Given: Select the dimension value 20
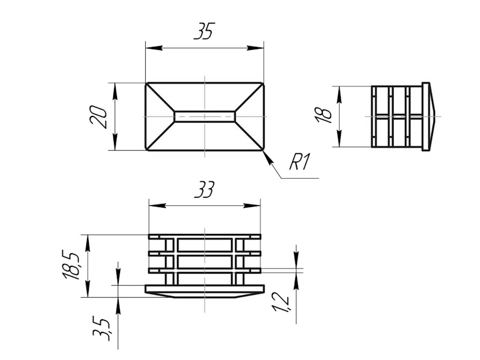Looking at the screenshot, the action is click(98, 117).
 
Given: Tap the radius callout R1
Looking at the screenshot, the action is click(300, 162).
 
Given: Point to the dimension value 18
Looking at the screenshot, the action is click(324, 116).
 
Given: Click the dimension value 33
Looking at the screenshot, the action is click(205, 190).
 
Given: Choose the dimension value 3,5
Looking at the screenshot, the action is click(101, 329).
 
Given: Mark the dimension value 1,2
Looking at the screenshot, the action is click(280, 302).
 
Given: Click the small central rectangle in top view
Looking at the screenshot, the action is click(205, 116).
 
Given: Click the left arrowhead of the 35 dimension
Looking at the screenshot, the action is click(154, 48).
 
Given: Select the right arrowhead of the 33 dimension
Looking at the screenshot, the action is click(251, 205).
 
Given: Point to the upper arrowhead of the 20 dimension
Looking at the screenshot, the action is click(115, 91).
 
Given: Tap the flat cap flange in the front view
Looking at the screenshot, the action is click(205, 289).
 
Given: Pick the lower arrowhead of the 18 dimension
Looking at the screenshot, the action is click(339, 139).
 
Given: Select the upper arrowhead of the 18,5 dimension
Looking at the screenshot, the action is click(88, 244).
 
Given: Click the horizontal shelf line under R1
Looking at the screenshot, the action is click(299, 178).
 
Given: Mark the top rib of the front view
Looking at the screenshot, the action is click(205, 236).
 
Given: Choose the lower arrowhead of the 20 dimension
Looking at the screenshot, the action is click(115, 142).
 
